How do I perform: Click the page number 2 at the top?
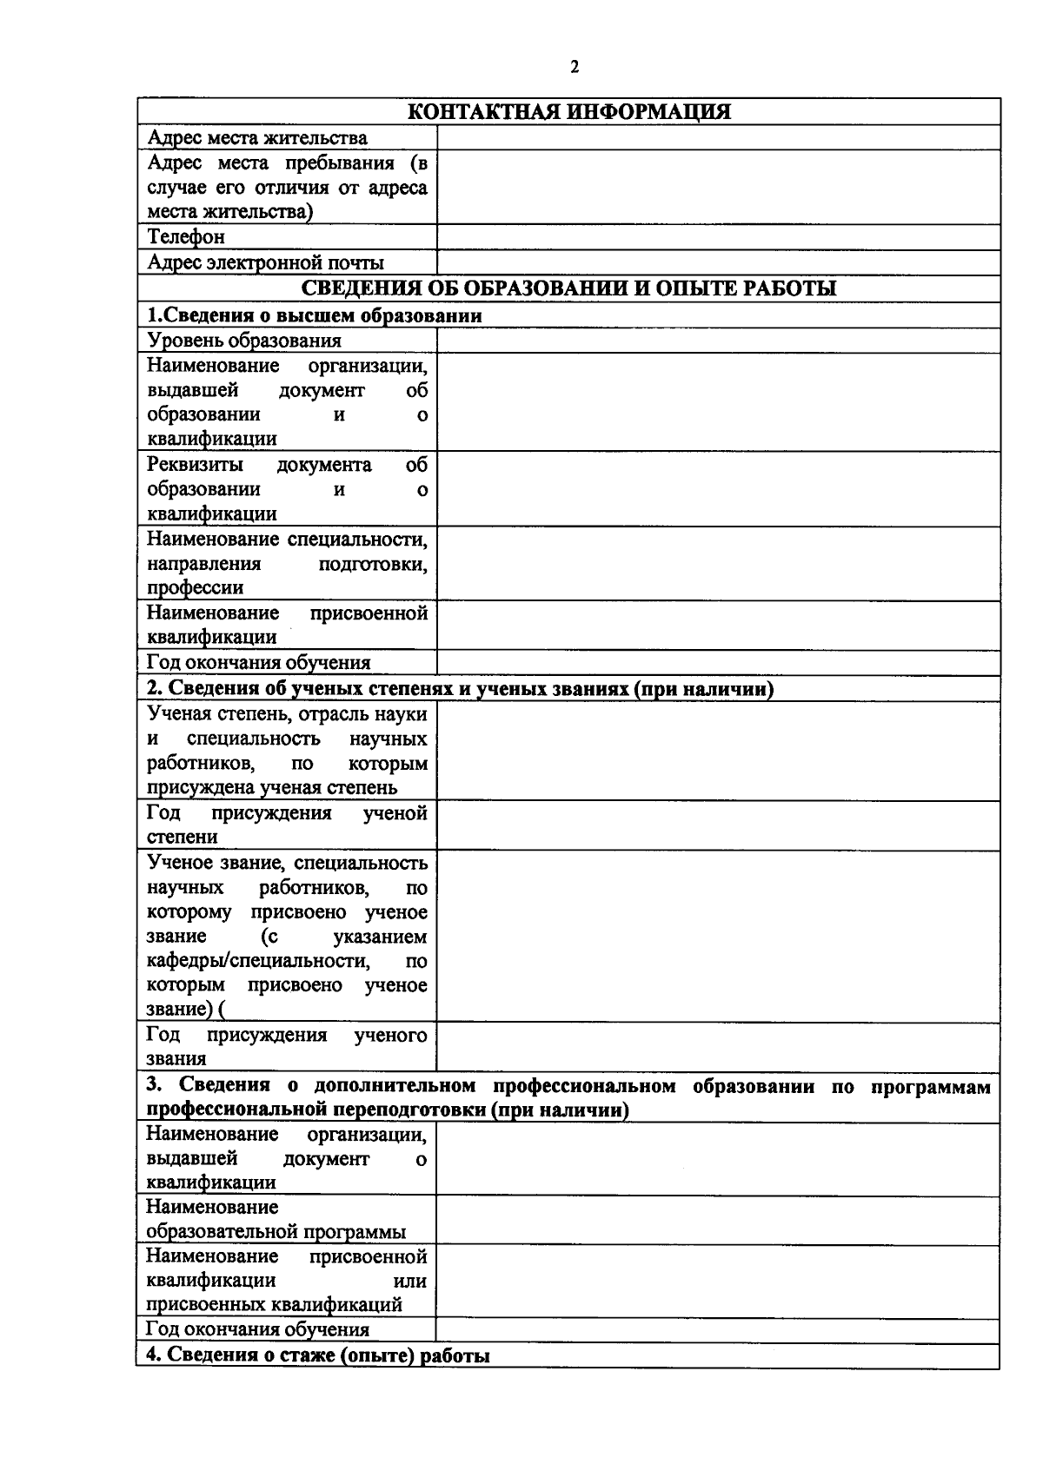(x=574, y=68)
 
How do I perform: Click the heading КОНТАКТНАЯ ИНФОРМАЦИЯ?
(x=569, y=112)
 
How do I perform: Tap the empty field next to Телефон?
(x=717, y=237)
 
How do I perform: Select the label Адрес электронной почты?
(x=266, y=262)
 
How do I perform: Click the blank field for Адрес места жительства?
(x=717, y=137)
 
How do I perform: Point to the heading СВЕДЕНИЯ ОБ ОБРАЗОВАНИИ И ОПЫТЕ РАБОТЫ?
(x=568, y=288)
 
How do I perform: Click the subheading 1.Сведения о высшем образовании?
(x=314, y=315)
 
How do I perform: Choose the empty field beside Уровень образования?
(x=717, y=341)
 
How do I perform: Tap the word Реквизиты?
(x=195, y=465)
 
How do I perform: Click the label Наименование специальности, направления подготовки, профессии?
(x=287, y=563)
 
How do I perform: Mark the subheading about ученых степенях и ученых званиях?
(x=460, y=689)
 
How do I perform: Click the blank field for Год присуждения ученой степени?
(x=717, y=825)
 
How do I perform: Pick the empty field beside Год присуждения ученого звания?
(x=717, y=1047)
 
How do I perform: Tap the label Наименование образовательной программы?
(x=276, y=1219)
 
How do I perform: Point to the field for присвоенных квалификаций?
(x=717, y=1281)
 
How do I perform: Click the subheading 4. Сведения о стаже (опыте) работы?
(x=317, y=1355)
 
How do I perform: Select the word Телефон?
(x=186, y=237)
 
